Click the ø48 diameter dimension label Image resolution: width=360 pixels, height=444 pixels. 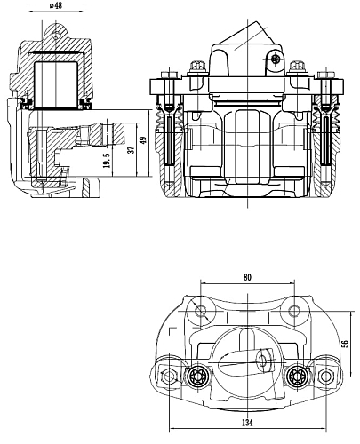point(56,5)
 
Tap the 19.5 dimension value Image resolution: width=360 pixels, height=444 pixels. point(107,160)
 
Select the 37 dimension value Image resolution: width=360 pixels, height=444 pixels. point(131,147)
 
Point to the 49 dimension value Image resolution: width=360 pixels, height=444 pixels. point(143,140)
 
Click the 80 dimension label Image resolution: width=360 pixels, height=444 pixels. point(247,277)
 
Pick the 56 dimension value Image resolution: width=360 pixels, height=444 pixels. point(345,344)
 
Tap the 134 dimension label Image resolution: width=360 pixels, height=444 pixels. point(247,423)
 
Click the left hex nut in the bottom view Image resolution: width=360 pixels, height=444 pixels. point(169,377)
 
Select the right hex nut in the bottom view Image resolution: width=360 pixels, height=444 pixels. point(325,377)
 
